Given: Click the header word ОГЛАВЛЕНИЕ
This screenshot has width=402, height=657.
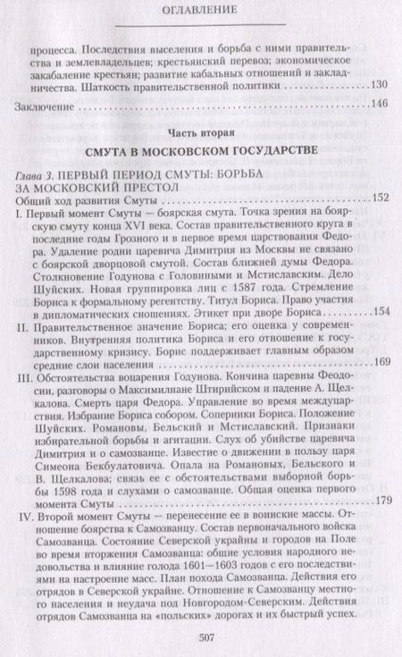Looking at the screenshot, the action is click(200, 13).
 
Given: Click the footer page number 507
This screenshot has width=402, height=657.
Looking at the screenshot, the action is click(200, 635).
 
